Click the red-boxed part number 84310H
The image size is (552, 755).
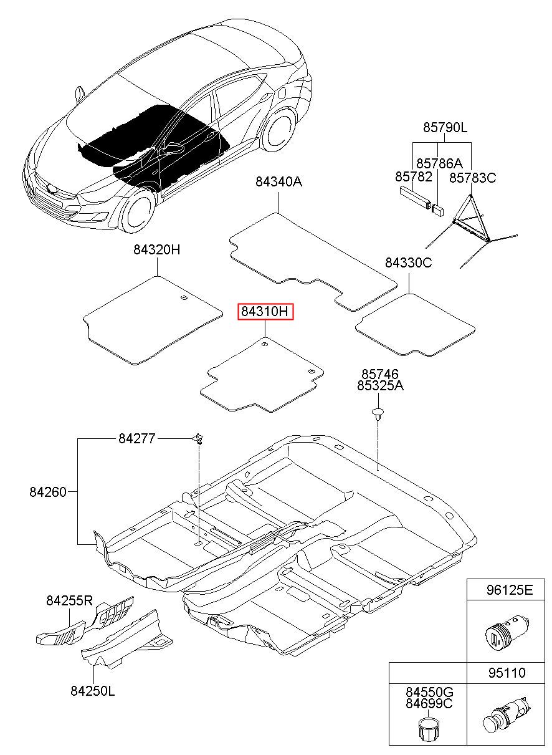(x=265, y=312)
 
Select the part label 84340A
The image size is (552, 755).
(x=278, y=182)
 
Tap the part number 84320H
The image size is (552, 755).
(x=156, y=250)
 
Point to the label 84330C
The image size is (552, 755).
(x=408, y=262)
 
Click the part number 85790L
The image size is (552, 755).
(x=445, y=128)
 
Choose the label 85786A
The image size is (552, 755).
(x=439, y=163)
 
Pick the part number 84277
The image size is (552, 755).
(x=136, y=438)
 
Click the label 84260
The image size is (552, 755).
(x=47, y=491)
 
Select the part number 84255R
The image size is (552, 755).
(x=69, y=601)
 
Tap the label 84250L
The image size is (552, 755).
(x=93, y=691)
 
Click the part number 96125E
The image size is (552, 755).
(x=510, y=590)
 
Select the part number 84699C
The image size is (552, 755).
(x=429, y=704)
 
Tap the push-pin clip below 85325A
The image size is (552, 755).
(x=378, y=413)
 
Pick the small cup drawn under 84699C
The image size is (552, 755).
(x=428, y=729)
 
